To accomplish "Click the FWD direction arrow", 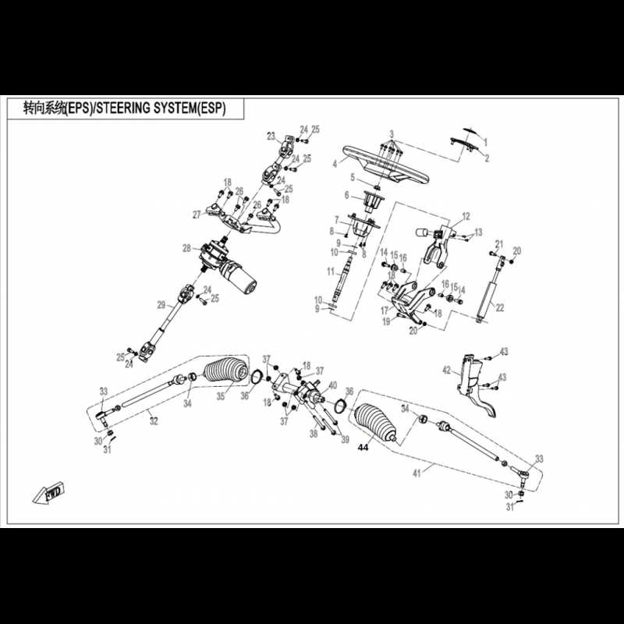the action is tap(49, 493).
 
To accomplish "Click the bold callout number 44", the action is tap(363, 448).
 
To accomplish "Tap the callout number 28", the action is tap(187, 248).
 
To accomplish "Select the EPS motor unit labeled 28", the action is tap(228, 266).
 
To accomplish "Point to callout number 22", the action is tap(499, 307).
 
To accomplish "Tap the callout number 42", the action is tap(447, 370).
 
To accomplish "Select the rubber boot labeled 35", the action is tap(226, 370).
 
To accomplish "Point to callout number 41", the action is tap(417, 473).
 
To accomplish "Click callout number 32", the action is tap(154, 421).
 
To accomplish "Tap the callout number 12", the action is tap(466, 217).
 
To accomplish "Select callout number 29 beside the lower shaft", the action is tap(161, 305).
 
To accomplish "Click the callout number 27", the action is tap(197, 215).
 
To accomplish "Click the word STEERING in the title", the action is tap(124, 108).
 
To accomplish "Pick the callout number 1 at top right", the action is tap(485, 142).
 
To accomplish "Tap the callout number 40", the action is tap(333, 385).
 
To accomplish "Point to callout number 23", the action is tap(271, 136).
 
